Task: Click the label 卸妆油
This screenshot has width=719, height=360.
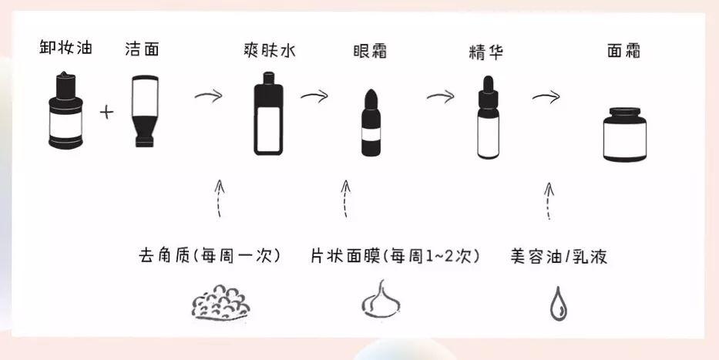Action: click(67, 49)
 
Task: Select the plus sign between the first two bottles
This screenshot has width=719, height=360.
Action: click(106, 113)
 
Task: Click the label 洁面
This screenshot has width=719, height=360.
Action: click(143, 49)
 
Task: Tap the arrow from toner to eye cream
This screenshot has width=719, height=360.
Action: click(314, 96)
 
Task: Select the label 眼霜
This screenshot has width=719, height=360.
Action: click(368, 52)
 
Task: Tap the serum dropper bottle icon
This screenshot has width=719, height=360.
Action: click(485, 117)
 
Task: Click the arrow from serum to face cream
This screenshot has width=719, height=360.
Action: click(546, 98)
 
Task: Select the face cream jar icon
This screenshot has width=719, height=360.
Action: click(623, 134)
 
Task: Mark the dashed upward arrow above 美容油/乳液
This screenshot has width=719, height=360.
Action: click(549, 201)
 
